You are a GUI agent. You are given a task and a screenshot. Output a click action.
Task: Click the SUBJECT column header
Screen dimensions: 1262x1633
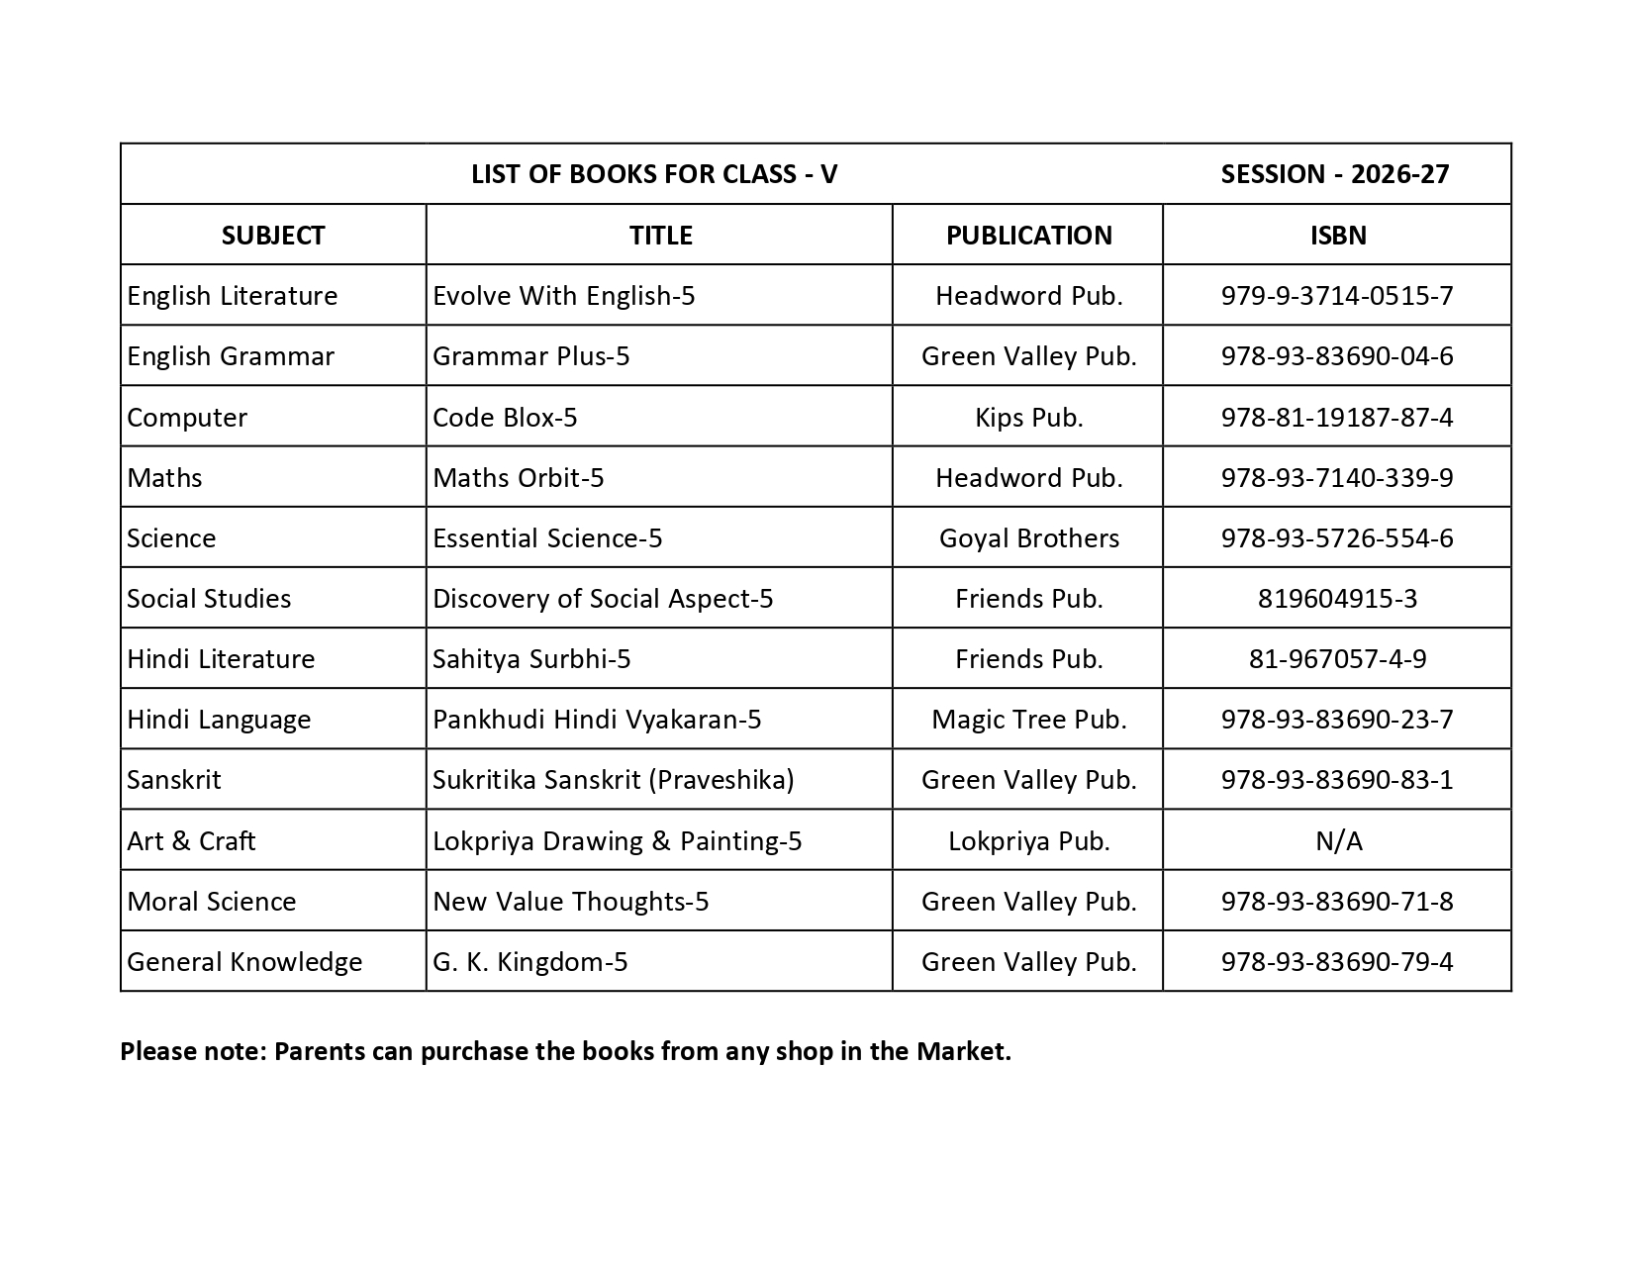273,235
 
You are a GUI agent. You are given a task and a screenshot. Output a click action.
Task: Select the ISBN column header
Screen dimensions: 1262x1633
1337,235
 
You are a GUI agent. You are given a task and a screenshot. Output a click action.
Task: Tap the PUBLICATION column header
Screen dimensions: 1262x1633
1028,235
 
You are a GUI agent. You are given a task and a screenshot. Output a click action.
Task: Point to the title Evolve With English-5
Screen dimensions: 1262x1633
563,296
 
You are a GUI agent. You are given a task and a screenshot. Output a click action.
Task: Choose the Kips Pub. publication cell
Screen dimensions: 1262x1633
1028,417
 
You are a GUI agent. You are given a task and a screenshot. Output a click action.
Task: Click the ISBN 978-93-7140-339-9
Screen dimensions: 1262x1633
1337,478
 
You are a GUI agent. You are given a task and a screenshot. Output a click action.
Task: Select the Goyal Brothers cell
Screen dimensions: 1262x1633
1028,538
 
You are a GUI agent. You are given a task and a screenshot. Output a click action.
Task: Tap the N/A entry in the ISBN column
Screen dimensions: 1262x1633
1338,841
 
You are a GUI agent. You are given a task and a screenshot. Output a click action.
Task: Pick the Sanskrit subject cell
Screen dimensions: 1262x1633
174,780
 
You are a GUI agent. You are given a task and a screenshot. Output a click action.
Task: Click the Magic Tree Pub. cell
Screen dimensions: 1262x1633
1028,720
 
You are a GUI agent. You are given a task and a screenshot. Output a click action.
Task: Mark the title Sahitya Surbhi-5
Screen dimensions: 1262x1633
531,659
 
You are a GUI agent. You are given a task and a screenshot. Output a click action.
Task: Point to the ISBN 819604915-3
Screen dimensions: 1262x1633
1337,599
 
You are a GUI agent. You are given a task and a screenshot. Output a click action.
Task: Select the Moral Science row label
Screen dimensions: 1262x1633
212,902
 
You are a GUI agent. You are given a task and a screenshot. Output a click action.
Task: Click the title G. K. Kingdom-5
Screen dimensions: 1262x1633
529,962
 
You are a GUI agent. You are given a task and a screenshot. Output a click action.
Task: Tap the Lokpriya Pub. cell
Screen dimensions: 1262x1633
1028,841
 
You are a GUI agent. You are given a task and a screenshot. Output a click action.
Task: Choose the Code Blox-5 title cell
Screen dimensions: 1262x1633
505,417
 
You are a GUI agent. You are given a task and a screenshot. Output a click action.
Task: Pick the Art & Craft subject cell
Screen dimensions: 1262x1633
191,841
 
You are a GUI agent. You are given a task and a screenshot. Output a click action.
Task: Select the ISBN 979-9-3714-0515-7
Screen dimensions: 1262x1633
1337,296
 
